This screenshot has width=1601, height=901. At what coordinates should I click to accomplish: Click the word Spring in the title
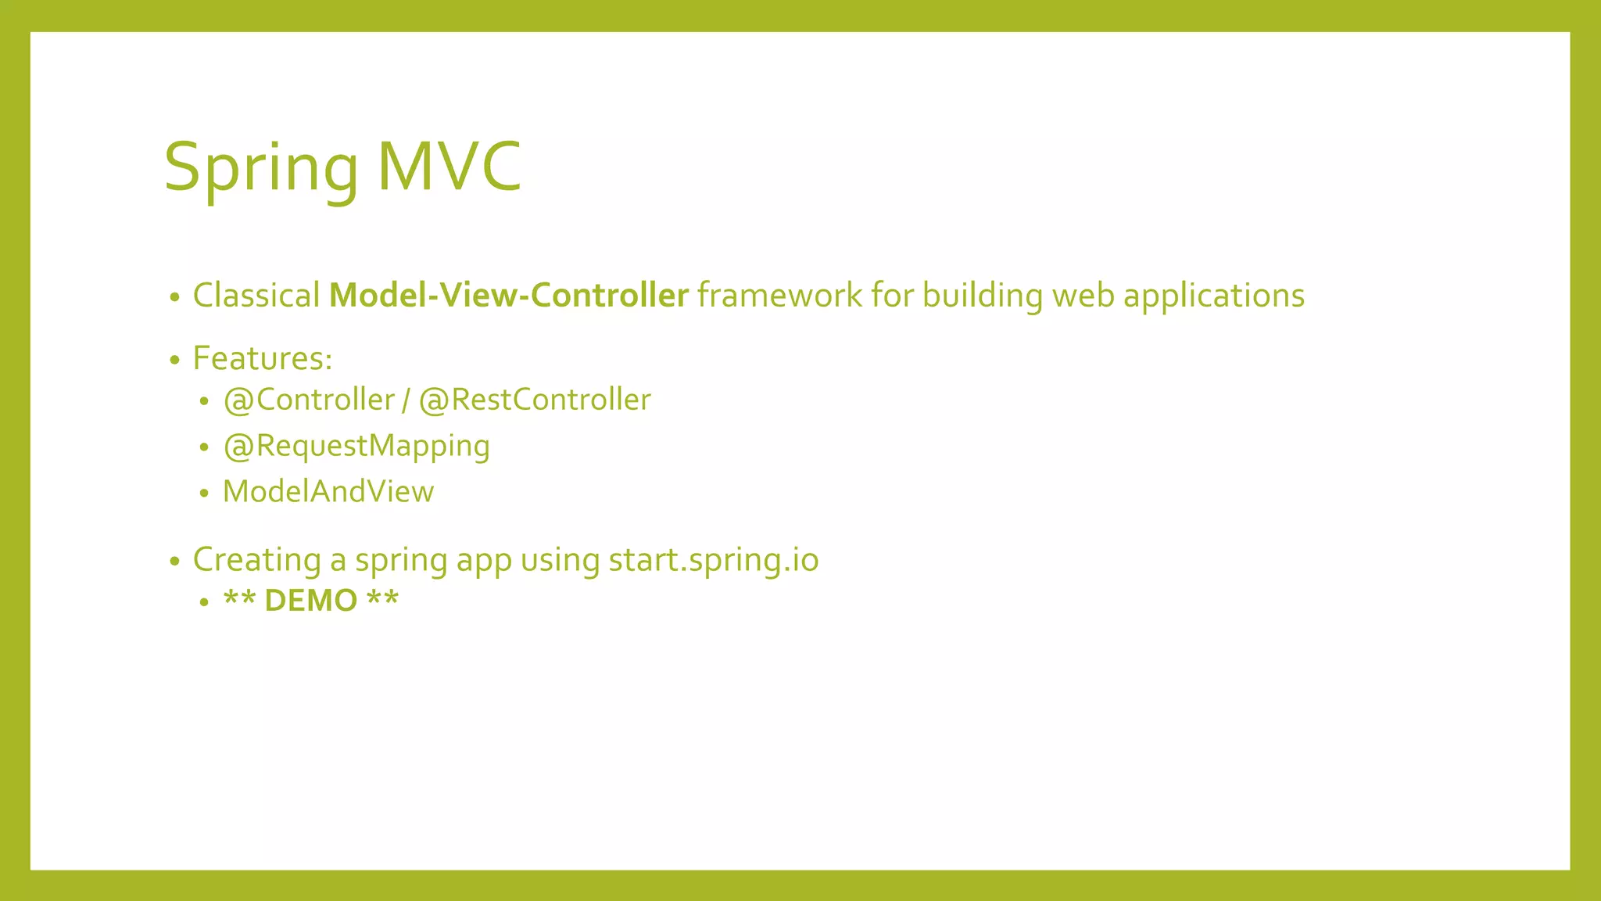coord(260,167)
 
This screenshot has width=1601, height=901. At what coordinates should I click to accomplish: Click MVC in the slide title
coord(449,166)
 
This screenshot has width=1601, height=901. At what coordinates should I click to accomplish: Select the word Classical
coord(256,296)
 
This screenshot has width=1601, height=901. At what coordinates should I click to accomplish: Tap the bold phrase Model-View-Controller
coord(508,296)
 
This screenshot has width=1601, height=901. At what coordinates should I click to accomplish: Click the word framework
coord(779,296)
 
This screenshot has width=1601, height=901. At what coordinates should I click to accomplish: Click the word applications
coord(1213,296)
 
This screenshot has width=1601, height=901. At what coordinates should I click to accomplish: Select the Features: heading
coord(263,359)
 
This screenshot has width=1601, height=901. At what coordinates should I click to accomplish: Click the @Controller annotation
coord(309,400)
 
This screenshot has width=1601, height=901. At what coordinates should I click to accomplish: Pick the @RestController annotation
coord(535,400)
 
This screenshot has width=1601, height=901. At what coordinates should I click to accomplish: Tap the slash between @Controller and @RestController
coord(406,400)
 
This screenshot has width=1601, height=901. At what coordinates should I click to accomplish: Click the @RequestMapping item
coord(356,446)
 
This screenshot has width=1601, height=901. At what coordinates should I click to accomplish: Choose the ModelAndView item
coord(328,491)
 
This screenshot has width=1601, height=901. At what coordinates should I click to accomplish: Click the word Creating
coord(256,560)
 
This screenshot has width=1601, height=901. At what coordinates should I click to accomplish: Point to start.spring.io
coord(713,560)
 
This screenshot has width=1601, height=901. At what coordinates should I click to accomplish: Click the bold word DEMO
coord(310,601)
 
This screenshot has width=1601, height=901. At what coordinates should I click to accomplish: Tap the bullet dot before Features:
coord(175,361)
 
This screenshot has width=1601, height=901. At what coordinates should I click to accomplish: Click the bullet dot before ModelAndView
coord(204,494)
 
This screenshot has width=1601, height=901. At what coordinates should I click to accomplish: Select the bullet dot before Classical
coord(175,297)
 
